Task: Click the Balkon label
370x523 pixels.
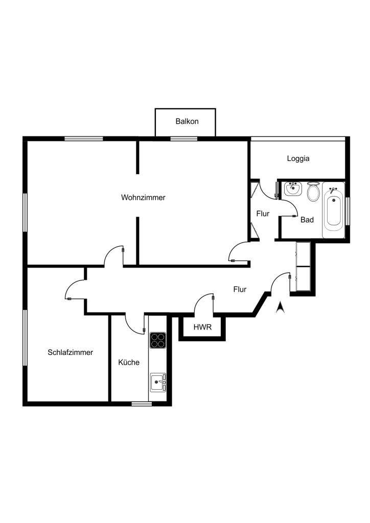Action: pyautogui.click(x=187, y=122)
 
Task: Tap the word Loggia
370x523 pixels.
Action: pyautogui.click(x=298, y=159)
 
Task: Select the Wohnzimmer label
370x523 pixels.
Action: pyautogui.click(x=143, y=198)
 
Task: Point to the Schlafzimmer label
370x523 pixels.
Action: pyautogui.click(x=70, y=352)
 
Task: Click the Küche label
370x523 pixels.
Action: pyautogui.click(x=129, y=362)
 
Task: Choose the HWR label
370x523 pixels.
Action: pyautogui.click(x=202, y=327)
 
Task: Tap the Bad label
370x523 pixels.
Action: pyautogui.click(x=307, y=220)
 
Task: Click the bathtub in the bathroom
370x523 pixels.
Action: pyautogui.click(x=333, y=209)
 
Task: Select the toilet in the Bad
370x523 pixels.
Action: pyautogui.click(x=313, y=192)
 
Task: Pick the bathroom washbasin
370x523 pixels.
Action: pyautogui.click(x=293, y=189)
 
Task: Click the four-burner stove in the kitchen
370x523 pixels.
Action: pyautogui.click(x=158, y=340)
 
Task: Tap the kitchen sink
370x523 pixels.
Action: pyautogui.click(x=158, y=383)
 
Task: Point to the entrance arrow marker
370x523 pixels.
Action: pyautogui.click(x=280, y=307)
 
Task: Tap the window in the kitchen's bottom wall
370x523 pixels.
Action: pyautogui.click(x=142, y=404)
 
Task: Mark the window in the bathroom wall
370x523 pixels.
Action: pyautogui.click(x=348, y=211)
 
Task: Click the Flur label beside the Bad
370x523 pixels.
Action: pyautogui.click(x=263, y=214)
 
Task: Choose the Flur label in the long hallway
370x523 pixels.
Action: pyautogui.click(x=240, y=290)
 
